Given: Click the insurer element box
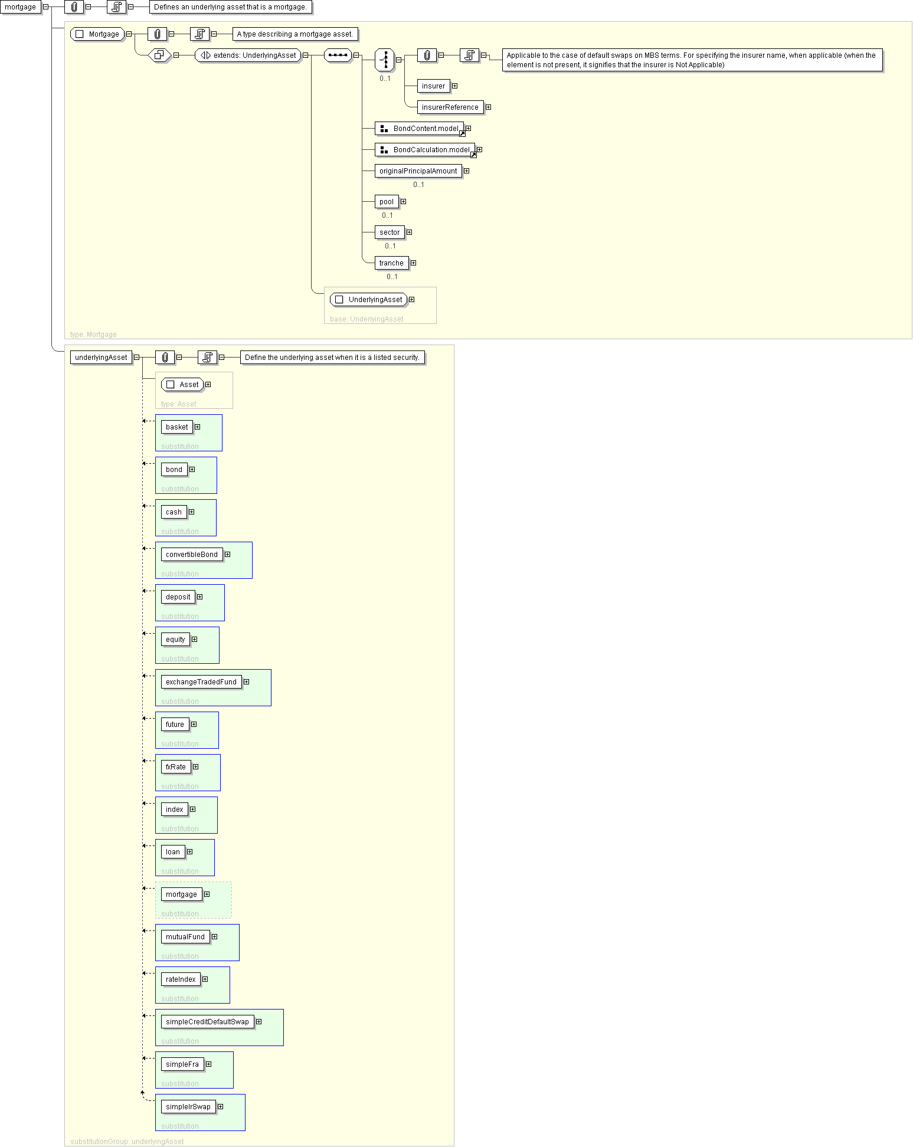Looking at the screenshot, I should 433,86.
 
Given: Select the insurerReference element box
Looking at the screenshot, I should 450,107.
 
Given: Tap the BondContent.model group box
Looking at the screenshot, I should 420,129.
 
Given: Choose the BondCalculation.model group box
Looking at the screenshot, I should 425,150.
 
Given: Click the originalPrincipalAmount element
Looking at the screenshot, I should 418,171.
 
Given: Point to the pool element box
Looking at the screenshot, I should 387,202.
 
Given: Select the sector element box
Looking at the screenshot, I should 390,232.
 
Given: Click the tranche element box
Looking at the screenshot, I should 391,263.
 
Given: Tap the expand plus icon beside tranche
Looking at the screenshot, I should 413,263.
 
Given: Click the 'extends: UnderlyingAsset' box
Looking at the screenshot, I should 248,55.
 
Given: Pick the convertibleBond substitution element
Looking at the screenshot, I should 192,555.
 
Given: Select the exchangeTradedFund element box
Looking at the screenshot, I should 201,682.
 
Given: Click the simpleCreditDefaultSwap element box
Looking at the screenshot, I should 207,1022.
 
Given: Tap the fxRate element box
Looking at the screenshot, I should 176,767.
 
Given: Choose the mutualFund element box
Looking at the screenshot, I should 185,937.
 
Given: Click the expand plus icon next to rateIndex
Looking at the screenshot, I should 205,979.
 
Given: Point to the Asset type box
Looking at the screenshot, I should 182,385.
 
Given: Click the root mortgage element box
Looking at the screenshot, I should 21,7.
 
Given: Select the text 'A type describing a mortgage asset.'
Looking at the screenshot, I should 294,34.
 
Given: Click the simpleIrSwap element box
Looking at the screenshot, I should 188,1107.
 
